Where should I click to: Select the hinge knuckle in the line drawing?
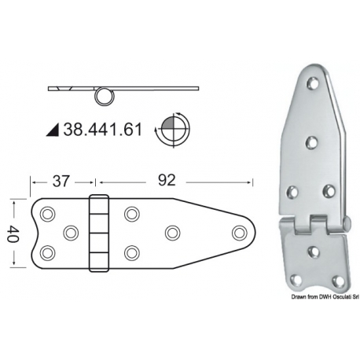point(98,233)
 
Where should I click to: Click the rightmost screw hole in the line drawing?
point(239,232)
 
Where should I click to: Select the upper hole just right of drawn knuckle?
point(131,213)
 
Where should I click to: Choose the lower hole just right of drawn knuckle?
point(131,252)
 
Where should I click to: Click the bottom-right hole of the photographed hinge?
point(338,280)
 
